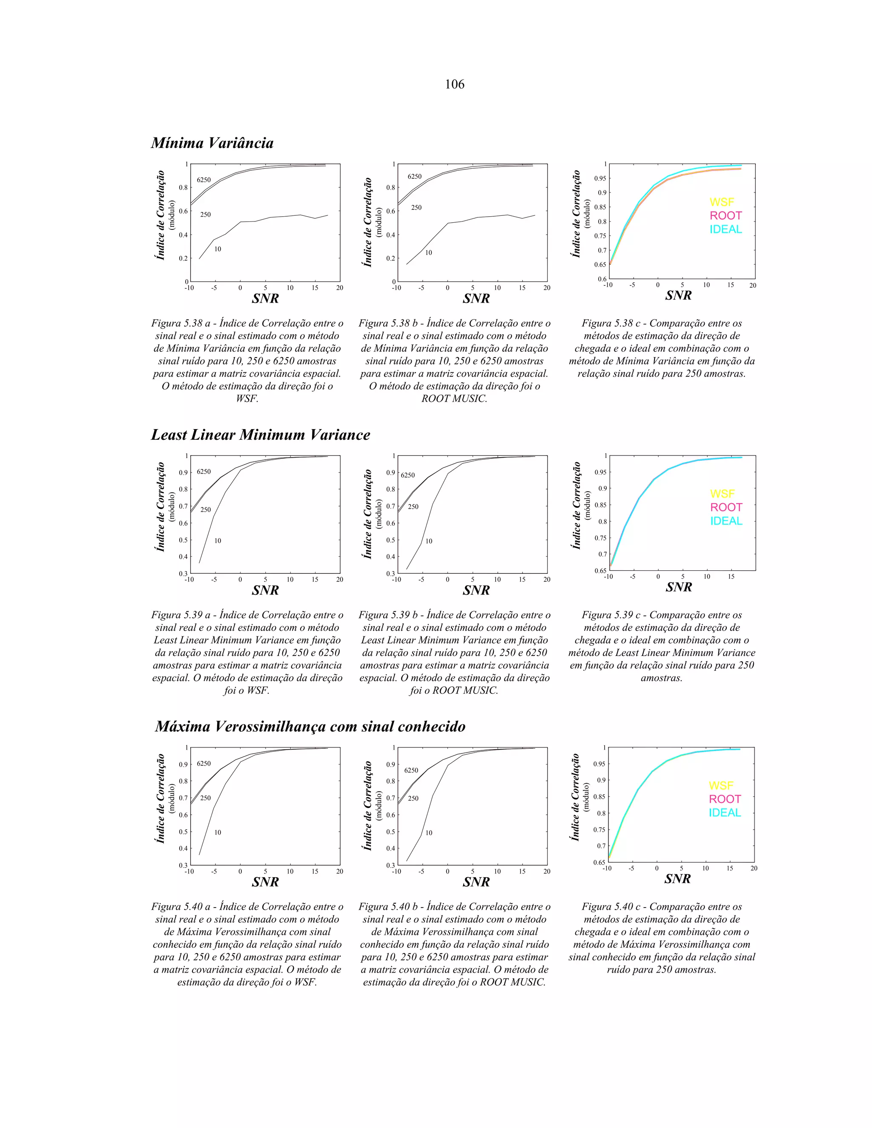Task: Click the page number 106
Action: [x=455, y=84]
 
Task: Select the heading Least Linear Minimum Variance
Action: [x=260, y=435]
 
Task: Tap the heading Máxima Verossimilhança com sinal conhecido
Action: [x=310, y=727]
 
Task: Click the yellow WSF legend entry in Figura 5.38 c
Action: [x=722, y=202]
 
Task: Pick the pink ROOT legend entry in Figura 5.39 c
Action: [x=726, y=507]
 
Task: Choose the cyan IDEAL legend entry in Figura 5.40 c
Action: [x=725, y=813]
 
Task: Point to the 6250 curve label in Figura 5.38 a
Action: [x=204, y=180]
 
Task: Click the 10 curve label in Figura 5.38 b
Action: [x=429, y=252]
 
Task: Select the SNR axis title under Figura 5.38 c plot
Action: [x=678, y=295]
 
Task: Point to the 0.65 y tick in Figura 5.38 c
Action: [x=600, y=264]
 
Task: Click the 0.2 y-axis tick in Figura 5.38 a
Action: [x=183, y=258]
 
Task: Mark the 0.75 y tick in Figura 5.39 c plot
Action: [x=600, y=538]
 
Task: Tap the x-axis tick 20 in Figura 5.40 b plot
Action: [x=547, y=871]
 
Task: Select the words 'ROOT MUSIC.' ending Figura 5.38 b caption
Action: [x=455, y=399]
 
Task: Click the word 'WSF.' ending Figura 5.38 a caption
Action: [x=247, y=399]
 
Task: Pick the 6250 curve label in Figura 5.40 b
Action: [x=411, y=770]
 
